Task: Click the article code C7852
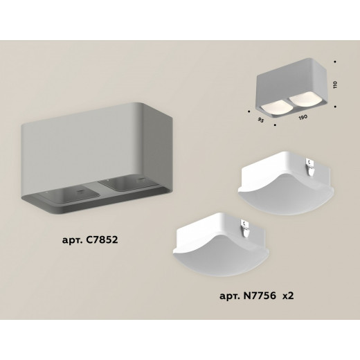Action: (x=102, y=240)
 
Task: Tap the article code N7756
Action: (x=260, y=296)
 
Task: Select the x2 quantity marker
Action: (x=288, y=296)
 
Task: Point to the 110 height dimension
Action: (x=335, y=84)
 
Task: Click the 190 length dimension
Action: (x=303, y=118)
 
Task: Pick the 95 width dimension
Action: (x=260, y=120)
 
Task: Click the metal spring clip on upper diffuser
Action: (x=310, y=167)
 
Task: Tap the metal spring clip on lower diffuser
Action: (x=245, y=228)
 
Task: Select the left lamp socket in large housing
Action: (x=70, y=195)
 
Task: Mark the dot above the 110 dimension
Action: (x=335, y=62)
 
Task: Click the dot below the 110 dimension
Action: (x=335, y=107)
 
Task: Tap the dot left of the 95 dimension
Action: (x=249, y=111)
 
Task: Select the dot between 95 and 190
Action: (x=275, y=125)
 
